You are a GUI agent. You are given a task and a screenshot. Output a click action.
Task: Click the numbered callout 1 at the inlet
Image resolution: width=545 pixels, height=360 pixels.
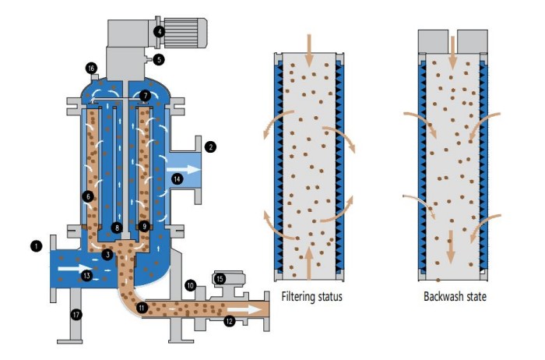coord(36,245)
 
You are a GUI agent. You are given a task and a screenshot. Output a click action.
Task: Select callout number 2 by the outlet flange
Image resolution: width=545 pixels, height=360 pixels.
coord(210,146)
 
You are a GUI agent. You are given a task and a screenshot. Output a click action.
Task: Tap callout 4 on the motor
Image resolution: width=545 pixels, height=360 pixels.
coord(159,32)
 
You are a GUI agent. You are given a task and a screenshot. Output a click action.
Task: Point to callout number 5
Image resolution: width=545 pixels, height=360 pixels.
coord(159,58)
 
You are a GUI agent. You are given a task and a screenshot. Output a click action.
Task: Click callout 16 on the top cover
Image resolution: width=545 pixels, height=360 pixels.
coord(91,69)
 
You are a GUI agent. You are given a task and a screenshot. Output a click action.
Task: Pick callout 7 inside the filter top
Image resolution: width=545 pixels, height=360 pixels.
coord(145,97)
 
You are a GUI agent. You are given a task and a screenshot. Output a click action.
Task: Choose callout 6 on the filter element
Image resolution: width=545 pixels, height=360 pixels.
coord(88,196)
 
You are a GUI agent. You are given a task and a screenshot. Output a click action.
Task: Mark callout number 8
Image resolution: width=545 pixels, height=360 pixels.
coord(115,228)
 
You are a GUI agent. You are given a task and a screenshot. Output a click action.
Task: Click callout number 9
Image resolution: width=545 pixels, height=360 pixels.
coord(143,227)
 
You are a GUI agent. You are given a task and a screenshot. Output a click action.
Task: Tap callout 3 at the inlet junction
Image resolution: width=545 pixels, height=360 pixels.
coord(107,254)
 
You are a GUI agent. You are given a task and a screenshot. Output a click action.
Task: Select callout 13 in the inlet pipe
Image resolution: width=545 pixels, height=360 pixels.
coord(87,274)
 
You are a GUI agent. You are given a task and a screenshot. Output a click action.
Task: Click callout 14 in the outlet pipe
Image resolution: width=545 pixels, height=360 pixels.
coord(178,179)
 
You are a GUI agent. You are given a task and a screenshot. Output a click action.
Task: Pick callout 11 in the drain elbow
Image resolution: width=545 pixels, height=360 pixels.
coord(141,308)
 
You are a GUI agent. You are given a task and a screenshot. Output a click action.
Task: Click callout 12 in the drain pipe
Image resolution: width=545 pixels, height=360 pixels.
coord(229,320)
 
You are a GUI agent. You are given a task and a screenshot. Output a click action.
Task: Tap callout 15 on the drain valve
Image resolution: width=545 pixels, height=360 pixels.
coord(220,277)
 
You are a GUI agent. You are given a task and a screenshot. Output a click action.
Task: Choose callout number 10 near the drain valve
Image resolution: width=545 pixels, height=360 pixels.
coord(190,285)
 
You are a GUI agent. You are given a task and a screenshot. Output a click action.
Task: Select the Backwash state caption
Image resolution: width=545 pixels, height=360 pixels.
coord(455,297)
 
